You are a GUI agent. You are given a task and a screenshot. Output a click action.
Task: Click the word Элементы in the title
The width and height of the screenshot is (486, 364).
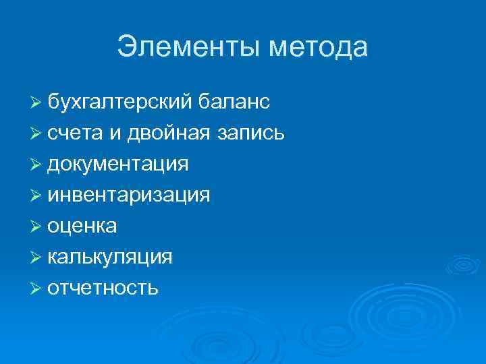[x=188, y=47]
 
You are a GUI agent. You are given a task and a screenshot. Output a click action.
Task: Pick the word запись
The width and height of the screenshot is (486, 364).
[x=250, y=133]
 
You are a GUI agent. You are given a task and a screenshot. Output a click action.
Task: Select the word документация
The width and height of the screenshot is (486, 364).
[x=118, y=164]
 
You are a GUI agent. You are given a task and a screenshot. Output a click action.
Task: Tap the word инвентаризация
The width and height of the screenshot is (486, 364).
[x=129, y=195]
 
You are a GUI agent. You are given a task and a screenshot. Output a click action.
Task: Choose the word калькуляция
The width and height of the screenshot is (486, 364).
[x=110, y=257]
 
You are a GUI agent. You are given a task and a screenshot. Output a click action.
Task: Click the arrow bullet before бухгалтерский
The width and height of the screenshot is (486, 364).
[x=36, y=102]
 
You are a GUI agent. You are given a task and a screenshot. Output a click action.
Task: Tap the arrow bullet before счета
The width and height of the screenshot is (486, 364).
[x=36, y=133]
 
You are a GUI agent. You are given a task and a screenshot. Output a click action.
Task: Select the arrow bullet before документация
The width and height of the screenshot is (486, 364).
[x=36, y=164]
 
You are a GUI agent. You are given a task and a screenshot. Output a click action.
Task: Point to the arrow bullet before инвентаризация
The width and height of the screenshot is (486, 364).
[x=36, y=195]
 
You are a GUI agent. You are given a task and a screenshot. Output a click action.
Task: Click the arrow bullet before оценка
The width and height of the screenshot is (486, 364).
[x=36, y=226]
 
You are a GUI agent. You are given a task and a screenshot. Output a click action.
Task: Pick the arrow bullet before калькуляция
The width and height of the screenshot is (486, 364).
[x=36, y=257]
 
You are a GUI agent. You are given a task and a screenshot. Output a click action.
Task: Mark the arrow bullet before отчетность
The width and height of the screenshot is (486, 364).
[x=36, y=289]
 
